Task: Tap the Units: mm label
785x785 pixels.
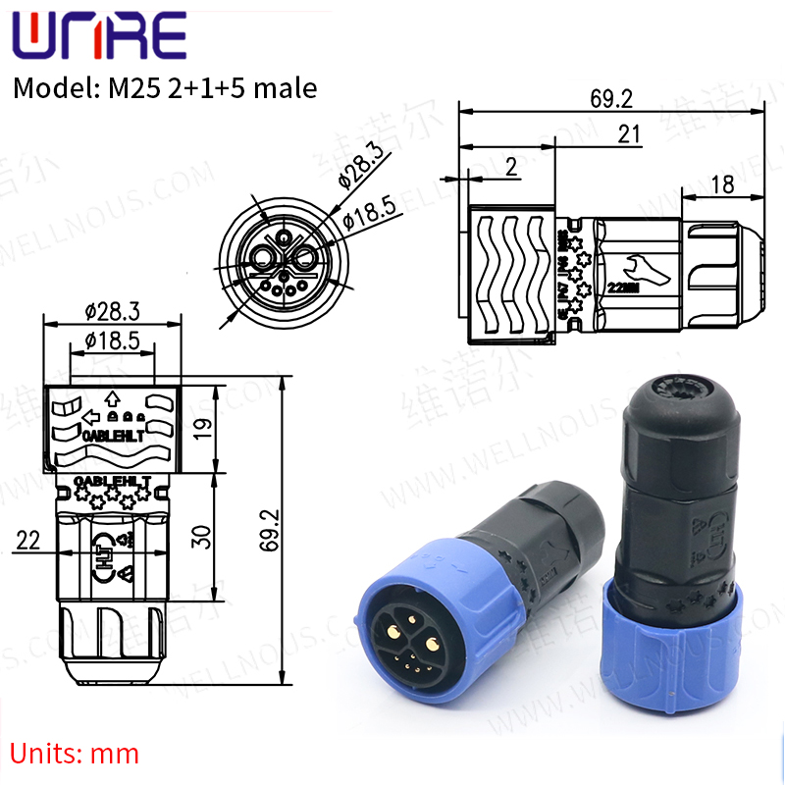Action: click(x=75, y=754)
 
